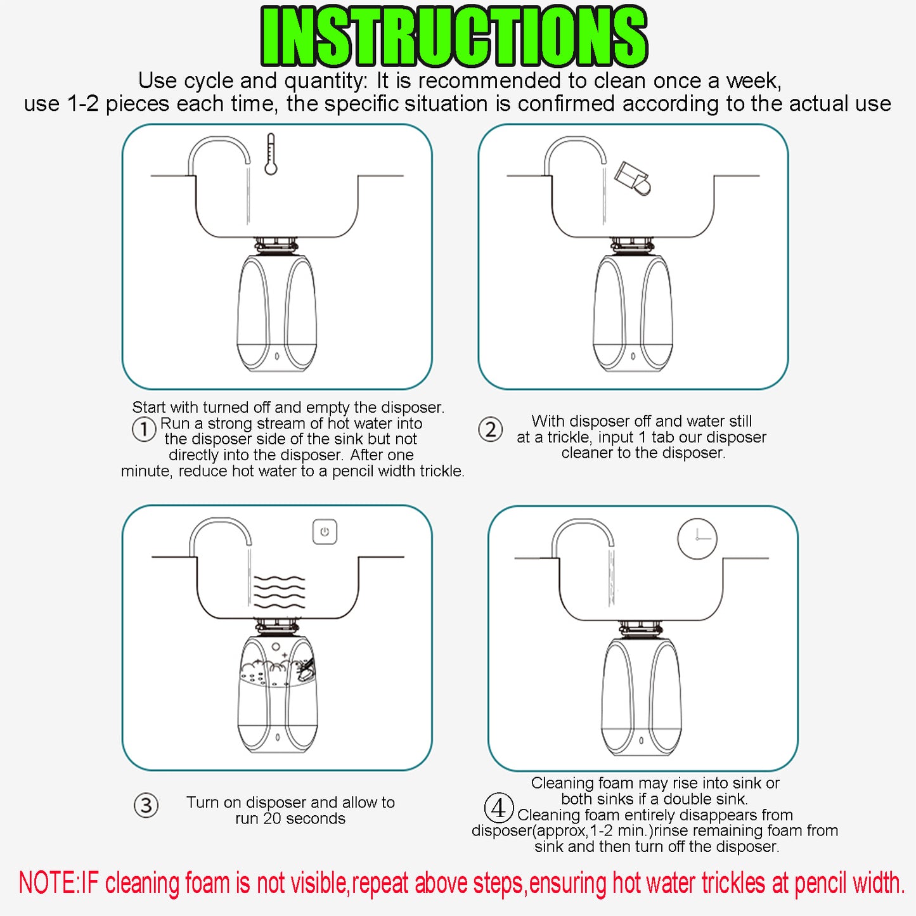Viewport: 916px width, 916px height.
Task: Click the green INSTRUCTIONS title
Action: coord(454,37)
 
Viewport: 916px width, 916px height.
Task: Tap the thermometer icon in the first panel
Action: coord(271,154)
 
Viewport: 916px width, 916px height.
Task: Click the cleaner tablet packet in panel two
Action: coord(632,178)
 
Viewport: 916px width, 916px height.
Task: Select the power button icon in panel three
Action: coord(325,531)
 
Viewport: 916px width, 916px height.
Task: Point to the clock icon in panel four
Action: coord(697,539)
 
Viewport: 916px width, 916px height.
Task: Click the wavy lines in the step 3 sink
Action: coord(280,592)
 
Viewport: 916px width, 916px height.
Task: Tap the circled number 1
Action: coord(143,430)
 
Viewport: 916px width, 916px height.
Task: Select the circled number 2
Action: coord(490,430)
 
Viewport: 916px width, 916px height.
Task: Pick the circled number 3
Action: coord(146,805)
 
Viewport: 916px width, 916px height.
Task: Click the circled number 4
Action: coord(499,808)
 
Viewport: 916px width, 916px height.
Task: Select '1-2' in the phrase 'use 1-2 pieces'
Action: coord(82,103)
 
